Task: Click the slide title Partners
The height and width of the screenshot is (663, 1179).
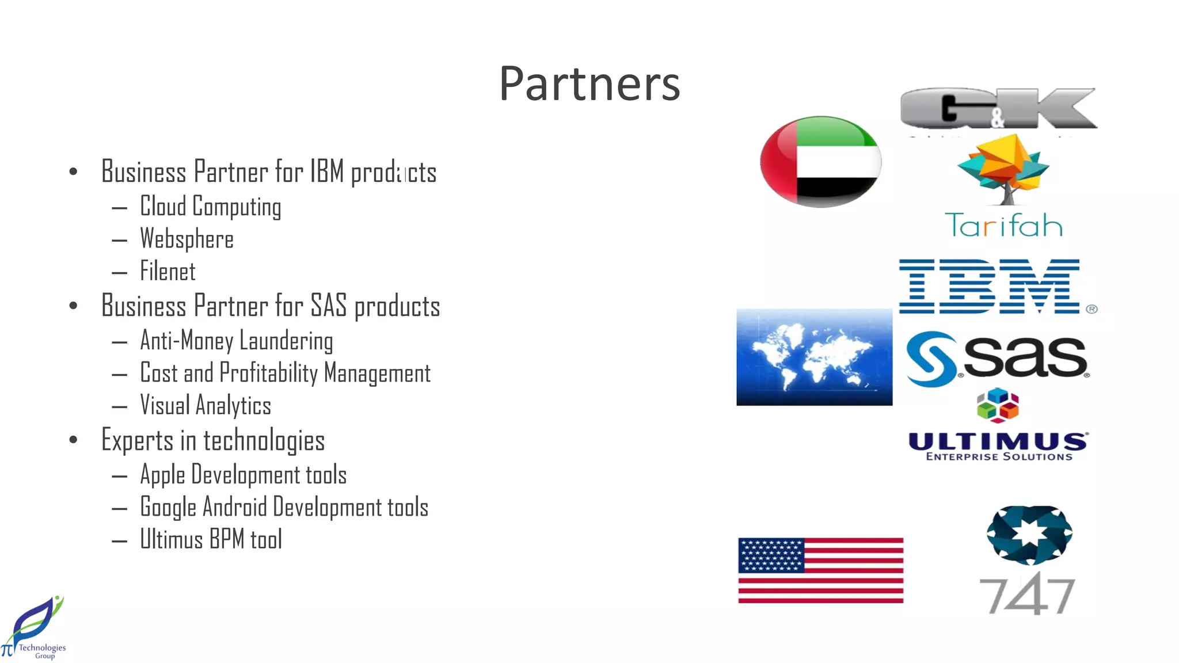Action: [589, 84]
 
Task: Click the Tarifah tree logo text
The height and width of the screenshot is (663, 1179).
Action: [1003, 225]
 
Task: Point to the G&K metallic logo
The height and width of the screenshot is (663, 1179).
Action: [999, 108]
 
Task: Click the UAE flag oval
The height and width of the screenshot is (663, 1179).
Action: [820, 162]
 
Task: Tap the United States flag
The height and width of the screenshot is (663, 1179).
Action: [820, 570]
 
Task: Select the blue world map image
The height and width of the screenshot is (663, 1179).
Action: [814, 357]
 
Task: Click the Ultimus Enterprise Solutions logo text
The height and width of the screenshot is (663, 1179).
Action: [998, 447]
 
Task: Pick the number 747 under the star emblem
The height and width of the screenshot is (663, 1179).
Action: [1027, 595]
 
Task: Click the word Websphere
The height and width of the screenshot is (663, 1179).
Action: [187, 239]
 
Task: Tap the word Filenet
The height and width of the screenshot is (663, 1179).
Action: [168, 272]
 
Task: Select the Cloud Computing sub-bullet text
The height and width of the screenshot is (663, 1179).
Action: [210, 207]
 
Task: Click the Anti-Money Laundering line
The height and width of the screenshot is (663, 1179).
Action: [236, 341]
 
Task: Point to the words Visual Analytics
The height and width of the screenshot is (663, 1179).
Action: [205, 405]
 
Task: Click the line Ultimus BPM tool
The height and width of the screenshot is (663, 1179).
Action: [211, 540]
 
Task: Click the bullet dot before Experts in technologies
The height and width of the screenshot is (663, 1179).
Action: [73, 440]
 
